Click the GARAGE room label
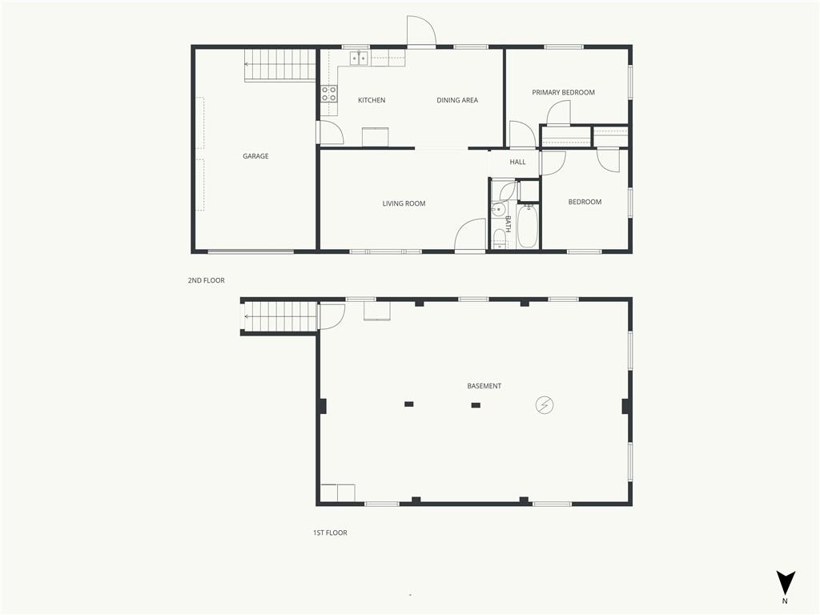point(255,156)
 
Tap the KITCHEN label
point(372,100)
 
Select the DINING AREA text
point(457,100)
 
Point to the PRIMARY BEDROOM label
point(563,92)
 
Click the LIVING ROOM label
point(404,203)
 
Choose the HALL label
point(517,162)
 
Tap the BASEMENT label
point(484,386)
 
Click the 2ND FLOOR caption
point(206,280)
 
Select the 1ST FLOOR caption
point(330,533)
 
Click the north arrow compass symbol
point(785,583)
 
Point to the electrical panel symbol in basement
point(545,404)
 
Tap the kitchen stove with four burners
point(329,94)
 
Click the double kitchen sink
point(359,58)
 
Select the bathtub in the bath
point(527,226)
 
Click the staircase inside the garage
point(280,66)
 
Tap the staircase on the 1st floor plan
point(280,316)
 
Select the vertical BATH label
point(508,224)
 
